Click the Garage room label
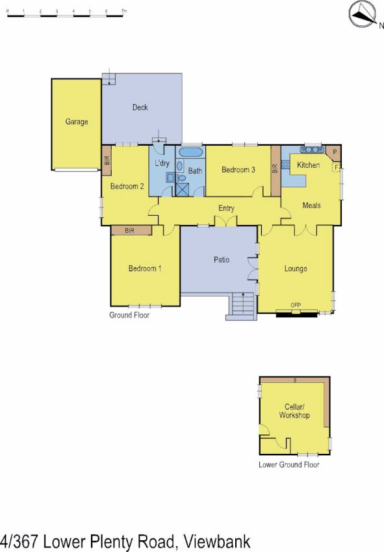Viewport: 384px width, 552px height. point(76,122)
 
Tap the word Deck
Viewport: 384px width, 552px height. point(140,107)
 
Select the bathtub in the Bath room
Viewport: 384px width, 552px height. point(190,153)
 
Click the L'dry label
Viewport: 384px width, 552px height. point(162,163)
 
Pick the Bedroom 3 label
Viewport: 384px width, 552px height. point(238,170)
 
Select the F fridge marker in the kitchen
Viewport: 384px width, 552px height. point(336,166)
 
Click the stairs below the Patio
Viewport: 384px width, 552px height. point(241,306)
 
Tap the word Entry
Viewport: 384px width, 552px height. point(226,209)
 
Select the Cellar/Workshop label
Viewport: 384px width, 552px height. point(294,411)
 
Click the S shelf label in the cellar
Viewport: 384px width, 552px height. point(294,379)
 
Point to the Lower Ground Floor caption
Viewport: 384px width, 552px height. point(288,464)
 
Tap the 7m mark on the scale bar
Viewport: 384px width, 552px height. point(123,12)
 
